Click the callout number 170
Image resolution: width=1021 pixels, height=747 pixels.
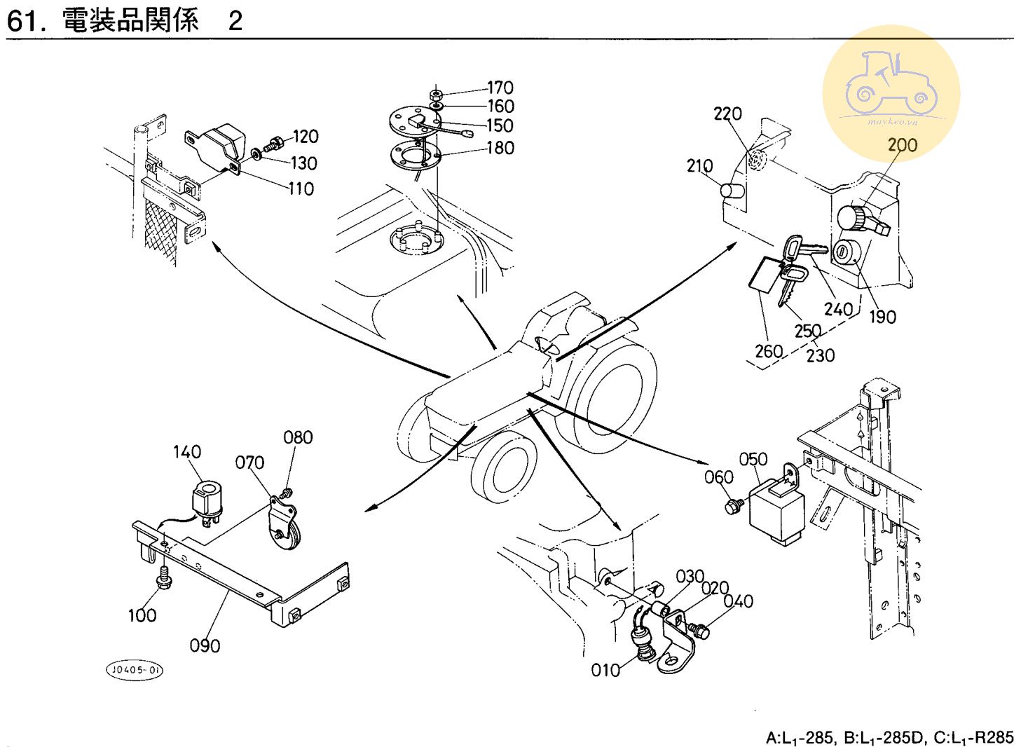(x=500, y=88)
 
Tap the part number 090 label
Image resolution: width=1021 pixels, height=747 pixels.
(x=205, y=646)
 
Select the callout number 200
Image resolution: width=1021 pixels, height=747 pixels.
(x=903, y=145)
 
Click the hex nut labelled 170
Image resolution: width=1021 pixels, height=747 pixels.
(x=436, y=95)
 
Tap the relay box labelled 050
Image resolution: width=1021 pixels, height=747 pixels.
(x=777, y=509)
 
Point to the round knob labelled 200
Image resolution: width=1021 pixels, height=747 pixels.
(x=851, y=219)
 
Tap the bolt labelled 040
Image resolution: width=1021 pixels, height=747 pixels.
(x=699, y=631)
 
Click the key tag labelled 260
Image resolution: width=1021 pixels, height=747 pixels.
(x=764, y=275)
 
